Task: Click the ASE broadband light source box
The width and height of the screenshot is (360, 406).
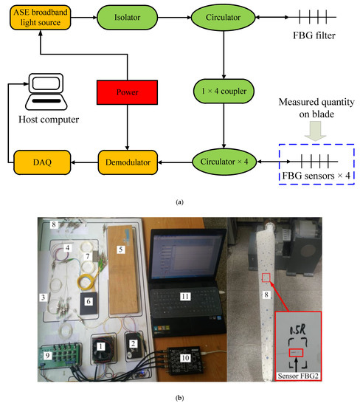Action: [x=40, y=18]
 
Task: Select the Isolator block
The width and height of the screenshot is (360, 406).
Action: [x=127, y=18]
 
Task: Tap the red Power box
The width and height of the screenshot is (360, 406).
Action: [x=127, y=92]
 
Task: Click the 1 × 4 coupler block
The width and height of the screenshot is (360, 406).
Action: [x=224, y=91]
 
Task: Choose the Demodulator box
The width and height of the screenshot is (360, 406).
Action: [x=128, y=162]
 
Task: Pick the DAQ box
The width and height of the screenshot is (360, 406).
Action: [x=42, y=162]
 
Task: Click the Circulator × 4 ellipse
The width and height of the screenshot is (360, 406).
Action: [x=224, y=162]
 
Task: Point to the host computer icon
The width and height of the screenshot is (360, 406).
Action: [x=46, y=92]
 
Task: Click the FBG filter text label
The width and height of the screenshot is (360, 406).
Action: [x=314, y=35]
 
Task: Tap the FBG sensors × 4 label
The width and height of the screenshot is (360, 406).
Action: [x=316, y=176]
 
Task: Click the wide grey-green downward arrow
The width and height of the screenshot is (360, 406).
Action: [x=316, y=131]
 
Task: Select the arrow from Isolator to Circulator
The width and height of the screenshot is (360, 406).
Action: [x=174, y=18]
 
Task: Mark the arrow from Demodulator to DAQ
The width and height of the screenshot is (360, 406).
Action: [x=84, y=162]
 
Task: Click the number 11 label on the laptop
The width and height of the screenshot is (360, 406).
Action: [x=185, y=296]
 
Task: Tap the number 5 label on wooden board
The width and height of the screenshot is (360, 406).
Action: [x=120, y=250]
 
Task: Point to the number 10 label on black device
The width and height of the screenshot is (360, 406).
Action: [x=185, y=358]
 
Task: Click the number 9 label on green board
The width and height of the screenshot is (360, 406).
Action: [x=47, y=356]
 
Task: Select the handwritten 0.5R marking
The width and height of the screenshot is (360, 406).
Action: [x=298, y=330]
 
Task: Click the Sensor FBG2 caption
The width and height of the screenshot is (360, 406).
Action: [x=298, y=376]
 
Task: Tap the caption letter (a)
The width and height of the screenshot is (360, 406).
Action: [x=179, y=202]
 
